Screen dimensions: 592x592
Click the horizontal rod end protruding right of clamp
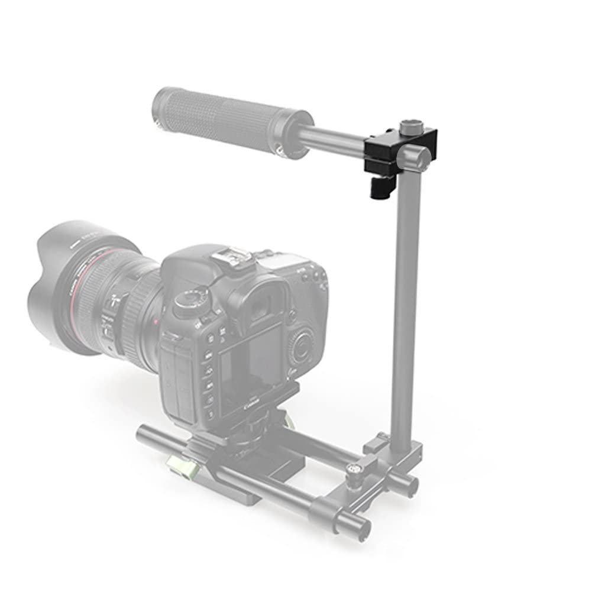pos(422,158)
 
